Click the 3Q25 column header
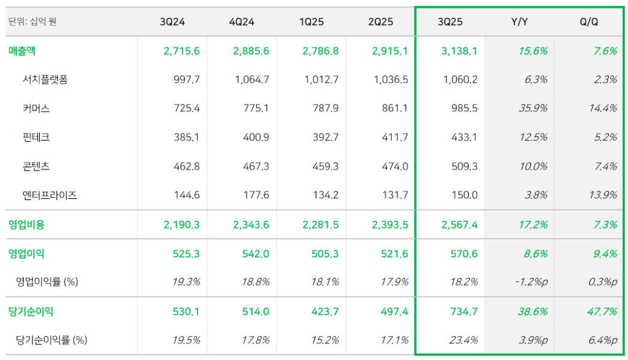(450, 22)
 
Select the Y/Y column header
(519, 22)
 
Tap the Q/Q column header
(589, 22)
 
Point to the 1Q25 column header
(311, 22)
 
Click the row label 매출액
(22, 51)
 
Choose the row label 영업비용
(26, 224)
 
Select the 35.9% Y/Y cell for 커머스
(532, 109)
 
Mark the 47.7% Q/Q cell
(602, 312)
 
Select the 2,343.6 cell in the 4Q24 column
(251, 224)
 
